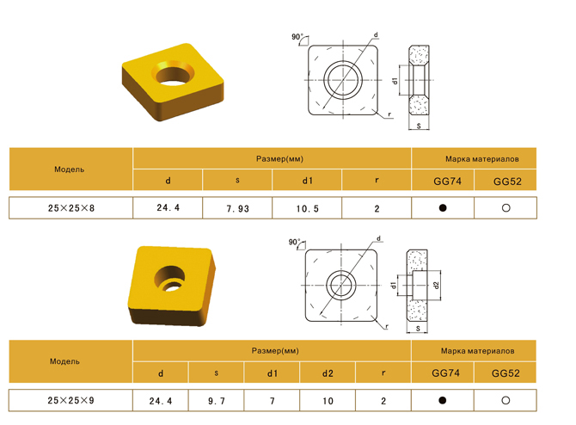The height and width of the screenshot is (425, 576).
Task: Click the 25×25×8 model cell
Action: (70, 208)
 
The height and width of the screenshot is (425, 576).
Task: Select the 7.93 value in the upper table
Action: (237, 209)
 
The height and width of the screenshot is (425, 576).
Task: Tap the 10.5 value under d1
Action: (308, 209)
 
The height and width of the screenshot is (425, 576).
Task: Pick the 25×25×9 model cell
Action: (70, 400)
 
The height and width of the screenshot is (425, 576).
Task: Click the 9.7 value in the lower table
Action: (217, 401)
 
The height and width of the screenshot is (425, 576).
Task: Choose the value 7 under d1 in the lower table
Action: (273, 401)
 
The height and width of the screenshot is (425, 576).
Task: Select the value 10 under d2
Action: (328, 401)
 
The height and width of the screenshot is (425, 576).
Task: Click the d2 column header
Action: (328, 373)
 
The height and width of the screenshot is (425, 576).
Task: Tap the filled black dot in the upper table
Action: (443, 207)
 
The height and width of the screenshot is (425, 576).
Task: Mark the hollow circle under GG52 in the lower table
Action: (506, 400)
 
